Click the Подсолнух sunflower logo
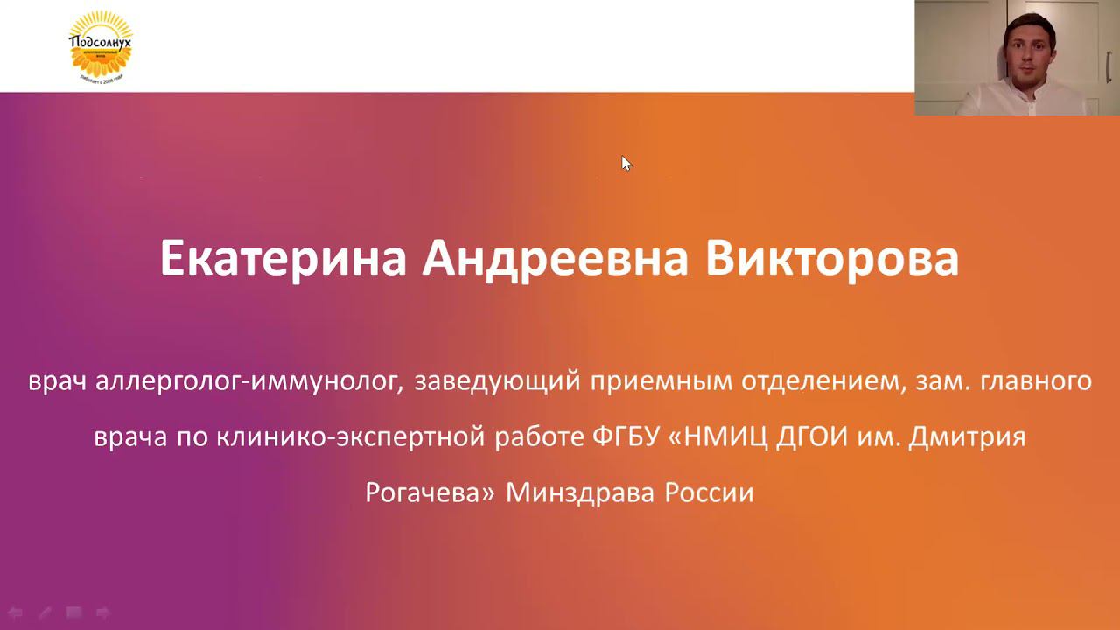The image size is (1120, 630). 101,45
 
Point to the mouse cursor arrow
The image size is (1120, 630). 626,163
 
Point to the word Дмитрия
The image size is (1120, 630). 967,437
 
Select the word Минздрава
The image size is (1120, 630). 581,493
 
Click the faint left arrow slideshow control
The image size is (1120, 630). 15,612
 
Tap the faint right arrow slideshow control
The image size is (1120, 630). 102,612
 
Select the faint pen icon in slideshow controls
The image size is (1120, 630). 44,612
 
